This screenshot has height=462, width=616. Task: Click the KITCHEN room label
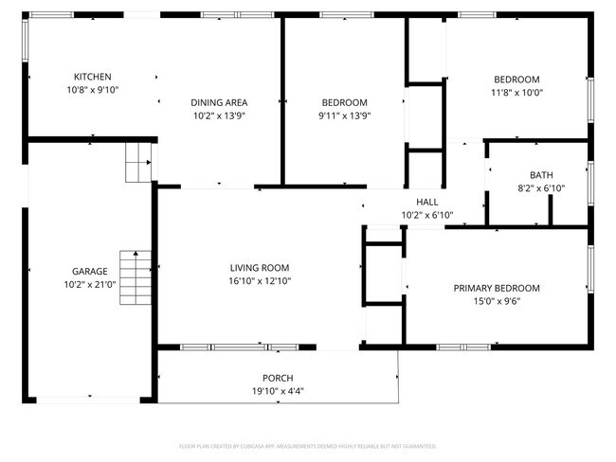[x=93, y=77]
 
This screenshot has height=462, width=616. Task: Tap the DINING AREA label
[x=219, y=102]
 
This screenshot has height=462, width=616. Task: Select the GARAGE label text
[x=90, y=271]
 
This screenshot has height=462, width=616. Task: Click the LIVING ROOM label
[x=259, y=267]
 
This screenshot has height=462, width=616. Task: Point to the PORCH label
[x=278, y=378]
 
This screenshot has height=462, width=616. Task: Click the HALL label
[x=427, y=202]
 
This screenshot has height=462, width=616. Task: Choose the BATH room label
[x=541, y=175]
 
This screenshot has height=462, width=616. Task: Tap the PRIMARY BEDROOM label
[x=496, y=288]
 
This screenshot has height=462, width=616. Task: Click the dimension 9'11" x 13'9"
[x=344, y=115]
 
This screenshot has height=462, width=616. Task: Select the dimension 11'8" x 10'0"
[x=516, y=93]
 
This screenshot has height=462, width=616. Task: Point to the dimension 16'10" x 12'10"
[x=259, y=280]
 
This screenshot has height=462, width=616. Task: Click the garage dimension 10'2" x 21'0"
[x=90, y=284]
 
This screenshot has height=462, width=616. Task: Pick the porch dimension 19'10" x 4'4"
[x=278, y=391]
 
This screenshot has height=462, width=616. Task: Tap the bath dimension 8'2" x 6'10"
[x=541, y=188]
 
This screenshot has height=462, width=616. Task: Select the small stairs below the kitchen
[x=139, y=163]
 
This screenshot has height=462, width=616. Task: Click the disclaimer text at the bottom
[x=307, y=445]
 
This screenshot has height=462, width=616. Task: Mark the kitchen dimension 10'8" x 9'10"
[x=93, y=90]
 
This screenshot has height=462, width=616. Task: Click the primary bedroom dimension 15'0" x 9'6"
[x=496, y=301]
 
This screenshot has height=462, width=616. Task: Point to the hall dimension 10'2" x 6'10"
[x=427, y=215]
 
